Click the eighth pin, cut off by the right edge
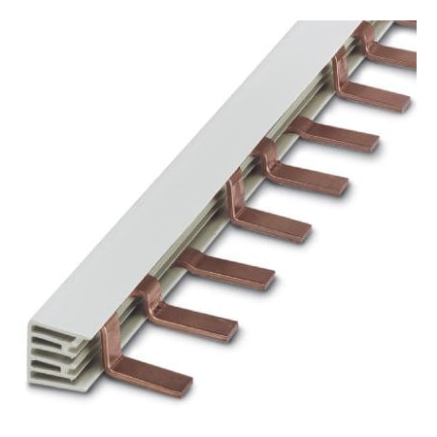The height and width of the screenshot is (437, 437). click(413, 58)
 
